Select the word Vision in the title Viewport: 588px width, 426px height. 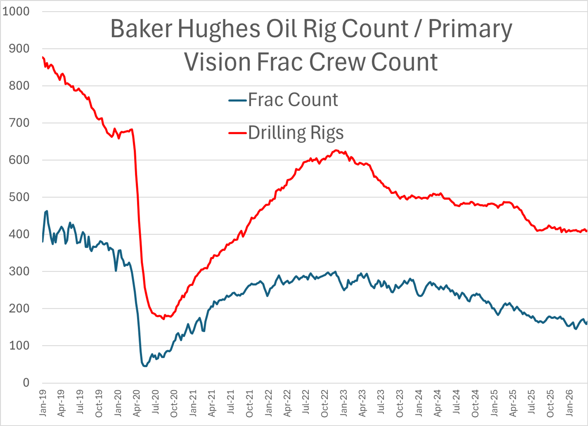pos(217,62)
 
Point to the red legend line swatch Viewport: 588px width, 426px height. pos(237,133)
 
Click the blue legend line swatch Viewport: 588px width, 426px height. pos(237,100)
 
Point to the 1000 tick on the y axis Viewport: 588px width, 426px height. pos(16,12)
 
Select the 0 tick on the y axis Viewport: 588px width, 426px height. pos(26,383)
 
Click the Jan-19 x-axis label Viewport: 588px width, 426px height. pos(43,403)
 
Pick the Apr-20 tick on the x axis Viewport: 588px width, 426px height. pos(137,403)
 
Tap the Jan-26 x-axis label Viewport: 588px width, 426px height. pos(569,403)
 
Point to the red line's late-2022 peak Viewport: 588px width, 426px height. pos(336,150)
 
